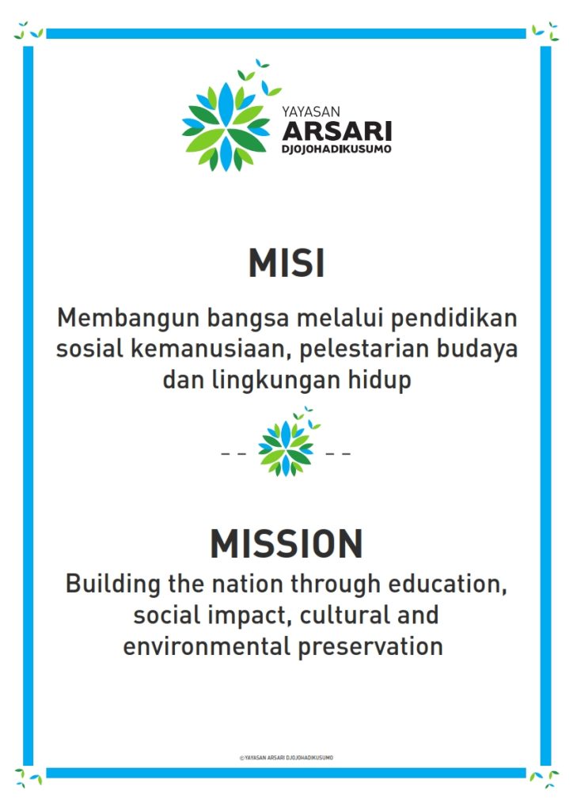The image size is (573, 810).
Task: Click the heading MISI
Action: coord(286,263)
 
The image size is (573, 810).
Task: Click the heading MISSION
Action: coord(286,543)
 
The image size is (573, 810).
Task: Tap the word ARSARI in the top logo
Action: coord(337,131)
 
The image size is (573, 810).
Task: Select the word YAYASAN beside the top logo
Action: coord(311,112)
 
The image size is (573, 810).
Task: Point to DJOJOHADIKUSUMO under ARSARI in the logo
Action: coord(336,149)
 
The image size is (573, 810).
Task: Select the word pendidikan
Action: coord(453,318)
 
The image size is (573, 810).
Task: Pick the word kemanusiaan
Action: coord(211,349)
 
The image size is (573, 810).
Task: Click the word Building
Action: coord(112,585)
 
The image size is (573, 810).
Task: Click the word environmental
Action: coord(207,647)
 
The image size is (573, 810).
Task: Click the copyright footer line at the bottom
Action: coord(286,758)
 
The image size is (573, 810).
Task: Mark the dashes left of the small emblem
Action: coord(234,454)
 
